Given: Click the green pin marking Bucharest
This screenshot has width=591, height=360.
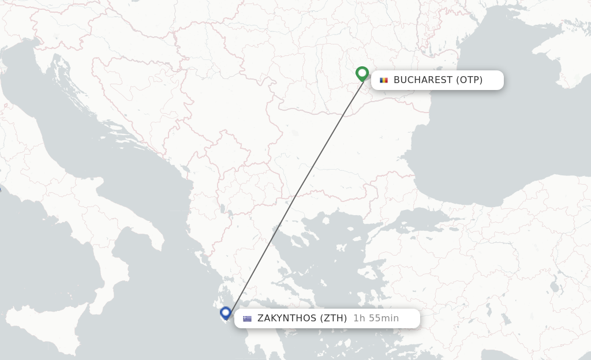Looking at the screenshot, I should click(x=362, y=73).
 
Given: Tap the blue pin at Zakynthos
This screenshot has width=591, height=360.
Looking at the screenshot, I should click(x=226, y=313).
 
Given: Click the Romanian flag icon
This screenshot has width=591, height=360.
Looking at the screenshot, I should click(x=384, y=80).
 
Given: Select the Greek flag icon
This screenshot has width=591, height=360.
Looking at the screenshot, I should click(x=248, y=318).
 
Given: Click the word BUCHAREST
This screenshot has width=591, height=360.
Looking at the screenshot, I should click(x=422, y=80).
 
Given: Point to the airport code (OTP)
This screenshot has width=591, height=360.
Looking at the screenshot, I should click(x=469, y=80).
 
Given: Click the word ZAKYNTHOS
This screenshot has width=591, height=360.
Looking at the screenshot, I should click(x=286, y=318).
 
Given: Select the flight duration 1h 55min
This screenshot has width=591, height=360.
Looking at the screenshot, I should click(x=376, y=318).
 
